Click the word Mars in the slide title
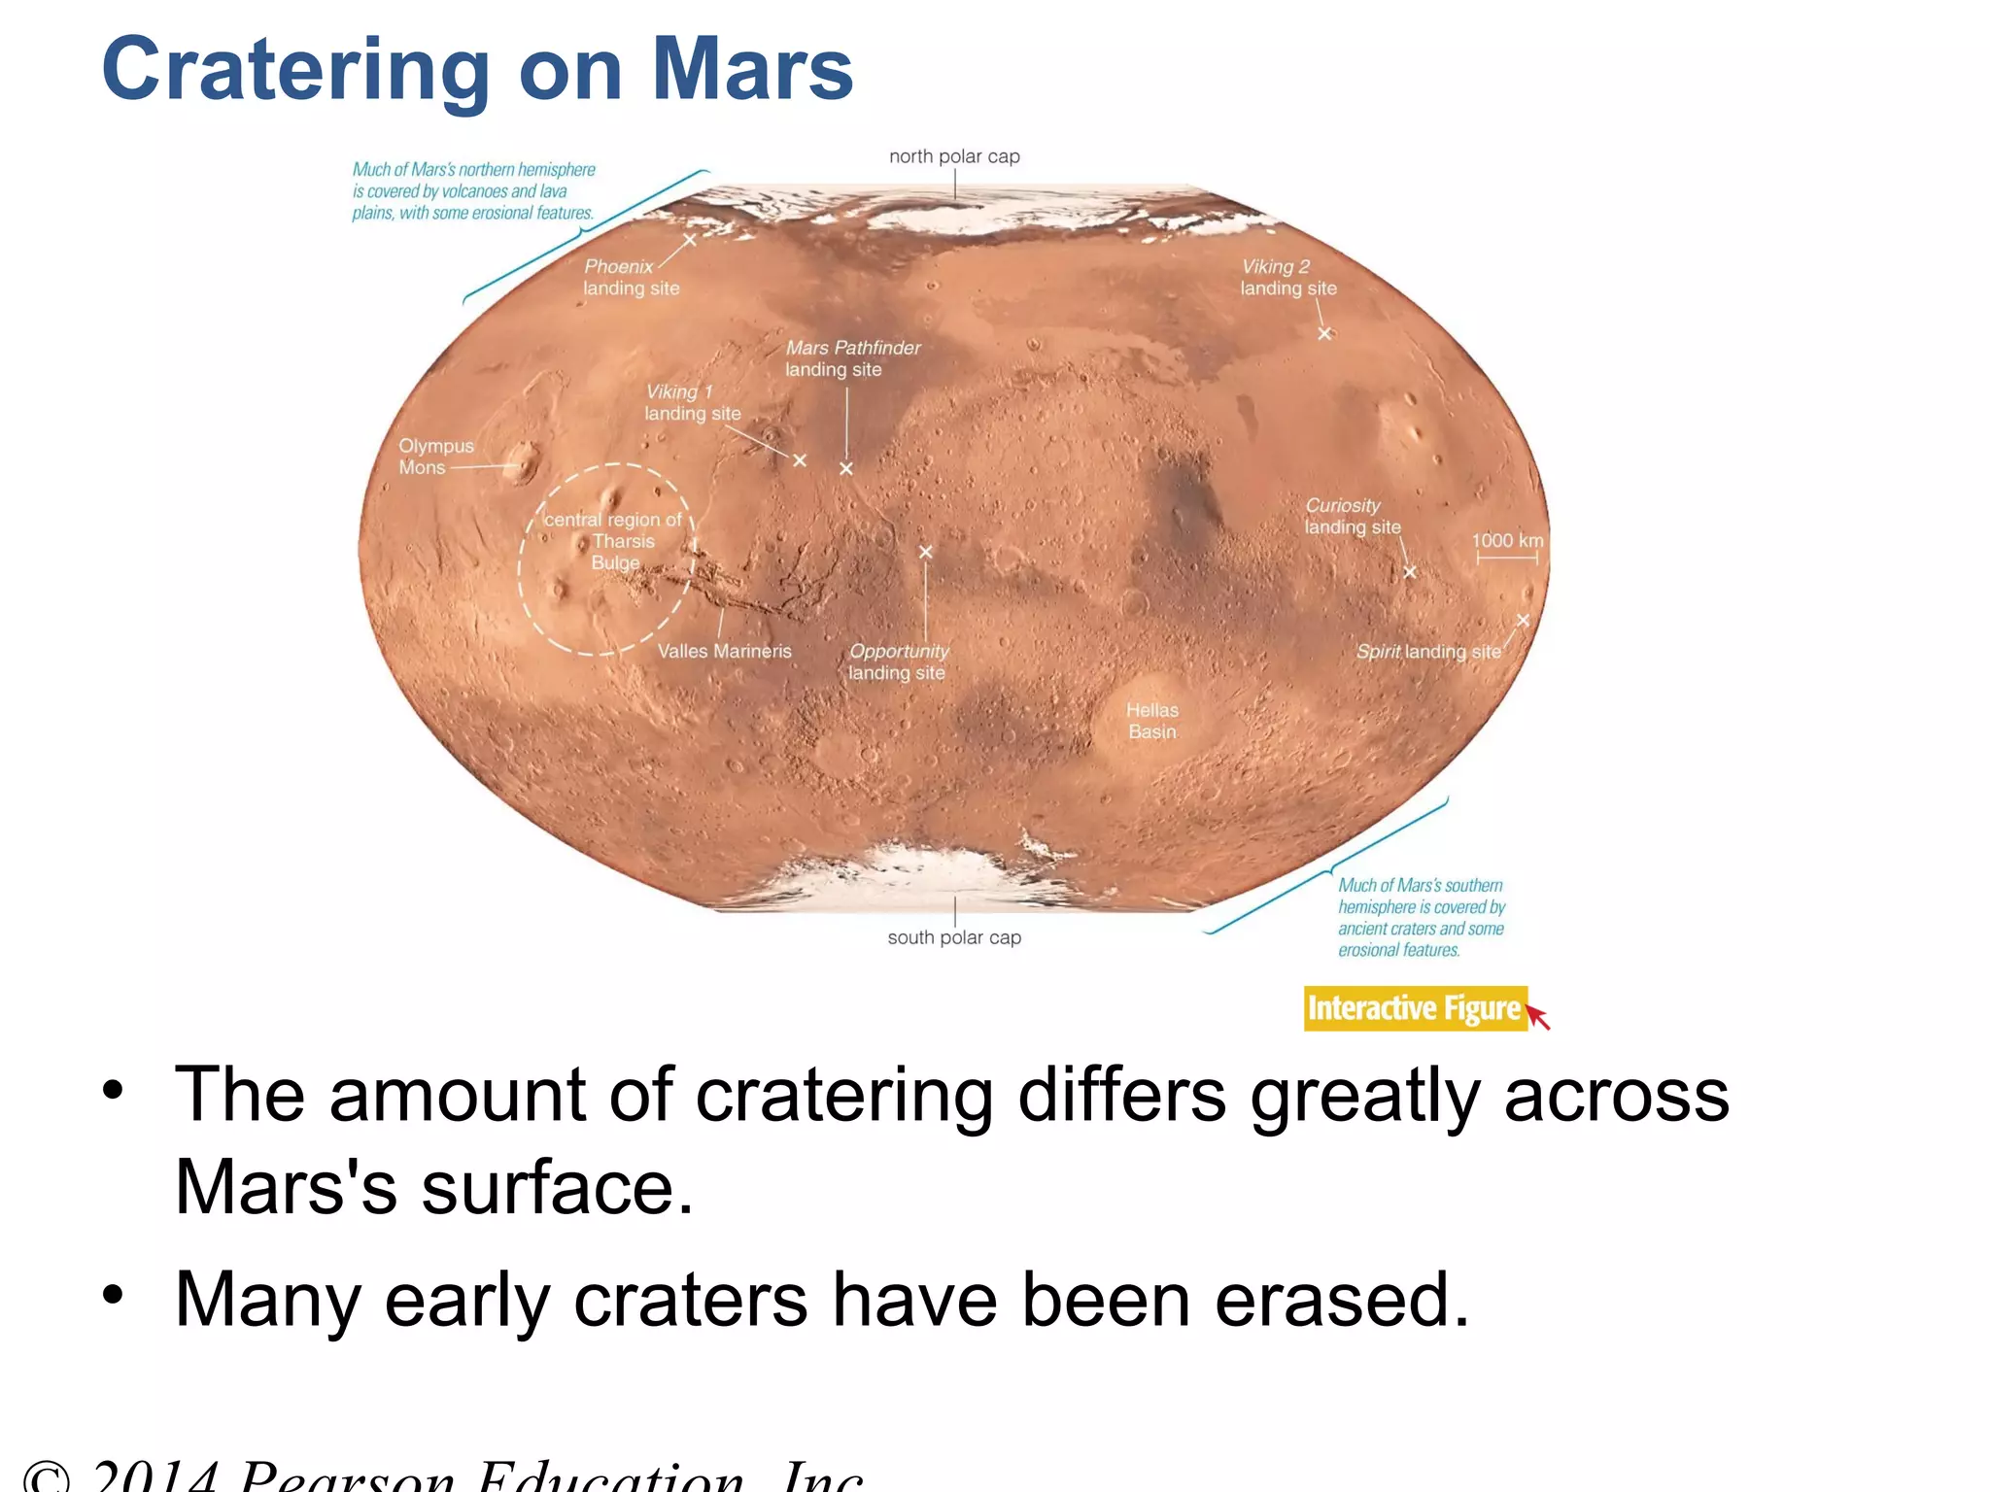click(x=752, y=70)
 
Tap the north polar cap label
click(x=954, y=156)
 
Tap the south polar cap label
click(x=954, y=937)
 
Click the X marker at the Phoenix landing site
click(x=689, y=240)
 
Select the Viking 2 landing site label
click(x=1288, y=277)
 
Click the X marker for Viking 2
click(x=1324, y=334)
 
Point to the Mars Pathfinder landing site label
click(x=852, y=358)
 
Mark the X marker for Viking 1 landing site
click(x=800, y=460)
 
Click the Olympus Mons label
click(x=435, y=457)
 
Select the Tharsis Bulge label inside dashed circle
click(x=616, y=541)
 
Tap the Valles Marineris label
click(x=724, y=651)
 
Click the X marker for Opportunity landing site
click(x=925, y=552)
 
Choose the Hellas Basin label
click(x=1152, y=721)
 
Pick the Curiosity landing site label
click(x=1352, y=516)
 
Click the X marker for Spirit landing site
click(x=1523, y=621)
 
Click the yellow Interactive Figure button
click(x=1415, y=1008)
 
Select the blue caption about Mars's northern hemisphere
click(x=473, y=191)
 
